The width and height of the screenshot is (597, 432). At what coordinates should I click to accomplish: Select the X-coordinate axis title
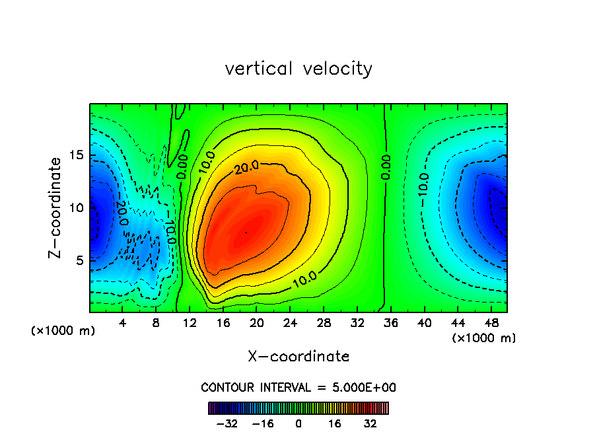click(298, 357)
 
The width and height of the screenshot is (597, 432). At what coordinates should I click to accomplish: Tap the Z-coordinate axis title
click(58, 207)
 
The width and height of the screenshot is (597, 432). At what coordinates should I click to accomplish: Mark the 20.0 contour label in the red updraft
click(246, 168)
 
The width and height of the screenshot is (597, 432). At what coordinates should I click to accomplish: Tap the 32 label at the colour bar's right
click(370, 423)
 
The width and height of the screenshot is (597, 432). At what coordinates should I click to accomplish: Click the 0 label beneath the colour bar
click(298, 423)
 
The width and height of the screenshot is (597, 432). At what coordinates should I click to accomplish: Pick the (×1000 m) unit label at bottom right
click(484, 338)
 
